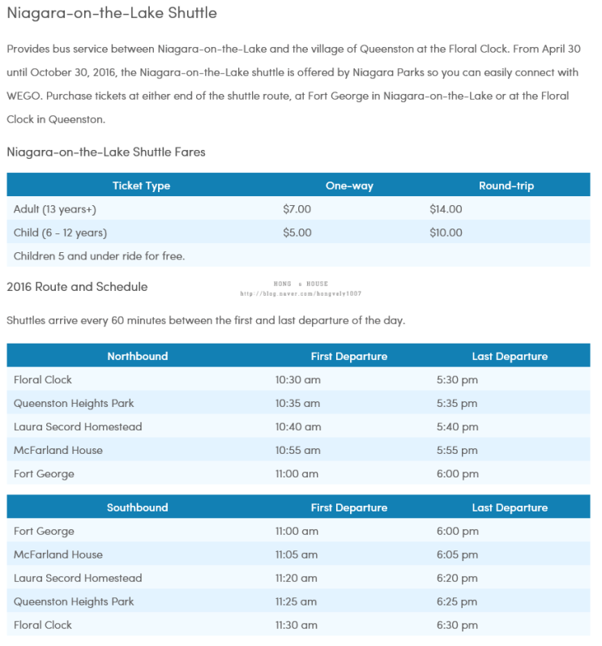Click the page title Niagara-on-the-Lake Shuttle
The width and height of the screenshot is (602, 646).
112,14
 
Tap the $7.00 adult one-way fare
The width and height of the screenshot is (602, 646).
297,209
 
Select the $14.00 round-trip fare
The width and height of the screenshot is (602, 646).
446,209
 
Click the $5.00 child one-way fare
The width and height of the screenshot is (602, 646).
297,233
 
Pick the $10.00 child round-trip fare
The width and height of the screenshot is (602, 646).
446,233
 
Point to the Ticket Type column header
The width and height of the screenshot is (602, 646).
141,186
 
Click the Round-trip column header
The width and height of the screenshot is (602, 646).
506,186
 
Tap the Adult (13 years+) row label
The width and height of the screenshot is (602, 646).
55,209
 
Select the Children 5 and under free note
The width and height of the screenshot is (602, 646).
100,256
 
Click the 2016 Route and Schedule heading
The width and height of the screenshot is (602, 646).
77,287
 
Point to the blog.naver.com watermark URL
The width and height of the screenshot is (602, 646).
301,293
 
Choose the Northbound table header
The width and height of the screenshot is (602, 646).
138,356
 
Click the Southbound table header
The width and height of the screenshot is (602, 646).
138,507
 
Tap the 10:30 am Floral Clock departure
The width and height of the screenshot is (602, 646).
297,379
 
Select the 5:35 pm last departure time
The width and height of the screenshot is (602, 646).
457,403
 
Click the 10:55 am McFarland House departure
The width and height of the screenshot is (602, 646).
297,450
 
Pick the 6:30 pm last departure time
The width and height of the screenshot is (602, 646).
457,625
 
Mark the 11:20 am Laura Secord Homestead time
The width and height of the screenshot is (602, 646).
297,578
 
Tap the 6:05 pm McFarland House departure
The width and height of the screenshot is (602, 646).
457,554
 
